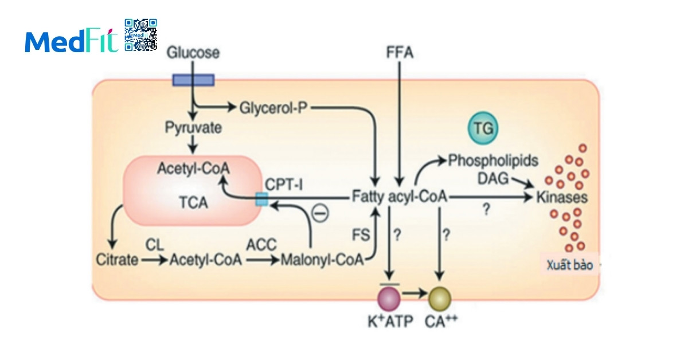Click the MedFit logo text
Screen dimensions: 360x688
pos(71,41)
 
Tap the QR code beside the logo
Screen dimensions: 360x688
pos(140,35)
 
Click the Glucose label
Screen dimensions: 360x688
pos(193,53)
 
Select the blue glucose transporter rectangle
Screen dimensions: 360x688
pos(194,80)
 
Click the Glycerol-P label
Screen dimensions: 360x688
pos(274,107)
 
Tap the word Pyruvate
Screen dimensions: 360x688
pos(193,127)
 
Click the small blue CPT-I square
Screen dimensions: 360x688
pos(261,199)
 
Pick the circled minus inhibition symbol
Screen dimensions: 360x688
pos(320,214)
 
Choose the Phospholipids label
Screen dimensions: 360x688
pos(493,161)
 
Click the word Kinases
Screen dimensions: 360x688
pos(562,198)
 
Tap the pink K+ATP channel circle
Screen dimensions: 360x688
pos(389,298)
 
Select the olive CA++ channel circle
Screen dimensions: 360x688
pos(440,298)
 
